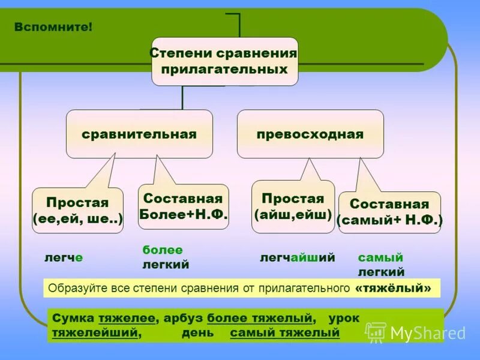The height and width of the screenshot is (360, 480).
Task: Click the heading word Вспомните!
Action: click(54, 28)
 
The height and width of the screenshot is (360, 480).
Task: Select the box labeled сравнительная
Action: click(139, 134)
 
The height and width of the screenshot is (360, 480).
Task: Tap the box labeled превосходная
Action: click(310, 134)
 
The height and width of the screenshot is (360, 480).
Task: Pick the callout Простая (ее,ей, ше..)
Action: click(77, 210)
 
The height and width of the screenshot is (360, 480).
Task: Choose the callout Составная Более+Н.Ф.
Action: click(183, 206)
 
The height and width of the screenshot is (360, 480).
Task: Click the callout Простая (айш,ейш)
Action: click(293, 206)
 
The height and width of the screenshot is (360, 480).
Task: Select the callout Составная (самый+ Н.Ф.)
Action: click(389, 212)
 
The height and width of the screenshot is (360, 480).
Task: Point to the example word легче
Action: click(64, 257)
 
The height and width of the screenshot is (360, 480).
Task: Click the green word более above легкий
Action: click(162, 250)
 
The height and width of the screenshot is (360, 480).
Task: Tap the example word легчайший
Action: click(297, 257)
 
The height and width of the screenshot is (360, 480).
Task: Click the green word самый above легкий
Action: click(380, 257)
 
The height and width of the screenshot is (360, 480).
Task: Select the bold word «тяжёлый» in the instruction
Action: click(393, 288)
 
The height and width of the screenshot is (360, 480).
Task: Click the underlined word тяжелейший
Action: click(95, 332)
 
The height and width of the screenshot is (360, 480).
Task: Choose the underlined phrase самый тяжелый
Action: click(285, 332)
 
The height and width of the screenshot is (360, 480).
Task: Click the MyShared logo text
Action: click(428, 333)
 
